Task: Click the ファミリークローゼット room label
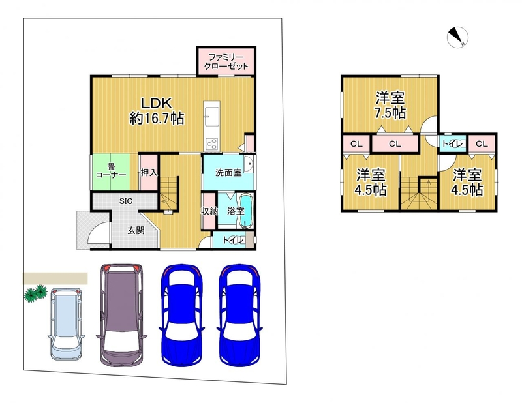tap(226, 61)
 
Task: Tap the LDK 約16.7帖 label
tap(157, 111)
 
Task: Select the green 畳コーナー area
tap(110, 172)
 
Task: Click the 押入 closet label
tap(149, 173)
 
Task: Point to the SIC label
tap(126, 201)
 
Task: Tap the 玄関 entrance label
tap(136, 230)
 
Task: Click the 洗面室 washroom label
tap(228, 173)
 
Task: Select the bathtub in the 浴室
tap(247, 212)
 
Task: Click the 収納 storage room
tap(209, 211)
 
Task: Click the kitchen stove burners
tap(211, 143)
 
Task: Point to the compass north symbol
tap(457, 37)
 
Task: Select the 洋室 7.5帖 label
tap(390, 105)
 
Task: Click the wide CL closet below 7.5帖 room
tap(395, 143)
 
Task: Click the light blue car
tap(66, 324)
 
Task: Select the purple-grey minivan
tap(121, 315)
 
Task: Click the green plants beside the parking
tap(36, 293)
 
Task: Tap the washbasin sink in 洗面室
tap(248, 164)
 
